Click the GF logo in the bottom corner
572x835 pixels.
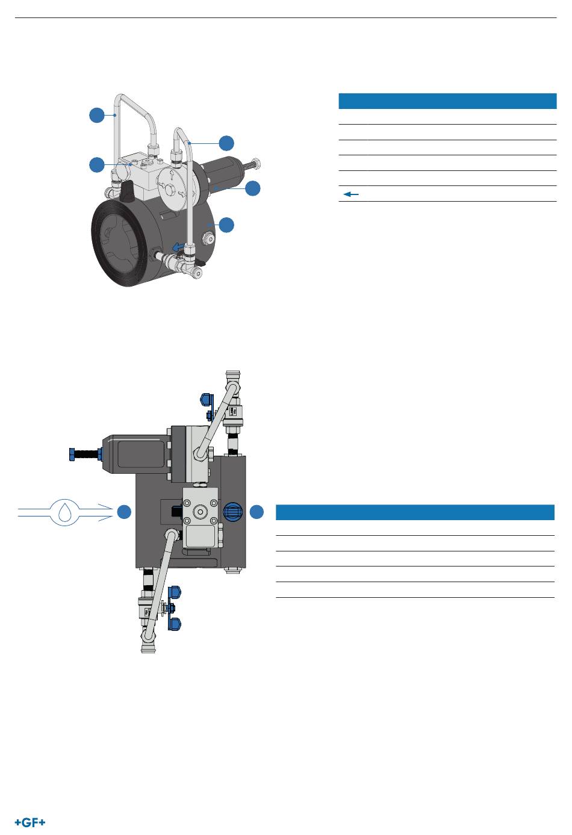pos(30,822)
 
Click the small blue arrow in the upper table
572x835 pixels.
pos(351,194)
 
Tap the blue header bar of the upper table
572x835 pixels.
pos(447,101)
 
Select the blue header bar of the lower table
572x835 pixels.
pos(414,512)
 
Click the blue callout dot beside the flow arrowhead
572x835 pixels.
pos(124,512)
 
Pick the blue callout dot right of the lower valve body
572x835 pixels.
pos(256,512)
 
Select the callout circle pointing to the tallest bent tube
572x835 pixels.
pos(96,115)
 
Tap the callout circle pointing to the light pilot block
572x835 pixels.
pos(96,164)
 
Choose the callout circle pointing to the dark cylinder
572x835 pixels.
pos(253,188)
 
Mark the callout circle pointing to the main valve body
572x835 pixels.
pos(226,225)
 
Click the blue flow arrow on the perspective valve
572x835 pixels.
pos(176,245)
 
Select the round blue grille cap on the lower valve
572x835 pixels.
pos(232,512)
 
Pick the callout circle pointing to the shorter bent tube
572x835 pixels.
pos(226,143)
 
